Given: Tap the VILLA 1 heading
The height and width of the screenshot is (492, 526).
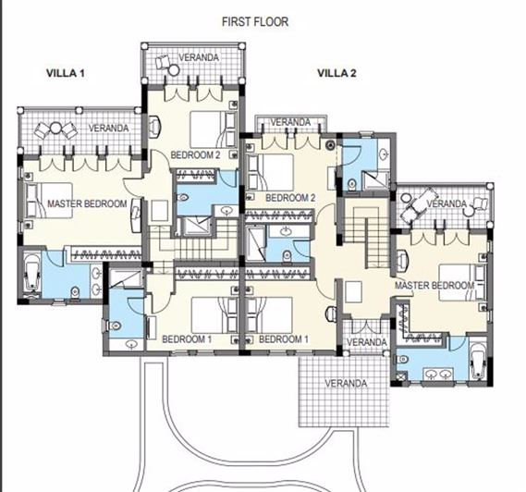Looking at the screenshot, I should coord(66,72).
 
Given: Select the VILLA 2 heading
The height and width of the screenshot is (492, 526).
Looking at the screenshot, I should coord(336,72).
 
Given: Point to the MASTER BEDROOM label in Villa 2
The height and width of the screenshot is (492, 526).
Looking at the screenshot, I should coord(434,285).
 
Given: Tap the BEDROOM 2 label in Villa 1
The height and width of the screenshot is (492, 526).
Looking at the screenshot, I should coord(195,155).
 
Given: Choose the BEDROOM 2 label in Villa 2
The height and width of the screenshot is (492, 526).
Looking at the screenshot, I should coord(291,198).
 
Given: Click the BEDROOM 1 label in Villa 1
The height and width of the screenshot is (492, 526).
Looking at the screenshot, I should coord(188,339).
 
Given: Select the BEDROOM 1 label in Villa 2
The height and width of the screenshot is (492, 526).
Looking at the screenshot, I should coord(284,339).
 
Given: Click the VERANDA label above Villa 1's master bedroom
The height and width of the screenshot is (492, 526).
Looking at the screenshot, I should coord(108,128).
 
